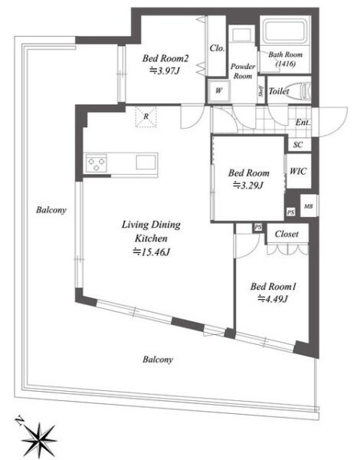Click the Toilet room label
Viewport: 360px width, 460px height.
pyautogui.click(x=279, y=91)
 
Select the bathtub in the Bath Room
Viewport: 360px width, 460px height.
pyautogui.click(x=286, y=31)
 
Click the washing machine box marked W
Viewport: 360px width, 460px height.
pyautogui.click(x=219, y=90)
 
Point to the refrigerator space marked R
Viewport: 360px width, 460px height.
pyautogui.click(x=146, y=117)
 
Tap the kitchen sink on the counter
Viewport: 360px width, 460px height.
pyautogui.click(x=146, y=163)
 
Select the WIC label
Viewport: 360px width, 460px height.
pyautogui.click(x=298, y=171)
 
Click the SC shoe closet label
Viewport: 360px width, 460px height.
pyautogui.click(x=297, y=145)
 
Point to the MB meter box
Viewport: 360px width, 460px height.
pyautogui.click(x=309, y=206)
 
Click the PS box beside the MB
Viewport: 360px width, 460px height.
pyautogui.click(x=290, y=212)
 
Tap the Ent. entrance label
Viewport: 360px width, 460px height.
pyautogui.click(x=303, y=122)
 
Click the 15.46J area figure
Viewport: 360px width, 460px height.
pyautogui.click(x=152, y=251)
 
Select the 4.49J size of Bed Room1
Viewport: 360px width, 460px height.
pyautogui.click(x=273, y=299)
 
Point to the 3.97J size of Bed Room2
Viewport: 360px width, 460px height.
pyautogui.click(x=164, y=71)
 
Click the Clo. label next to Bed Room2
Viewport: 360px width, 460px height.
pyautogui.click(x=218, y=48)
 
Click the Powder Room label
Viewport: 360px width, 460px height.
pyautogui.click(x=243, y=71)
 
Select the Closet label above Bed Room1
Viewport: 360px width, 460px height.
pyautogui.click(x=286, y=234)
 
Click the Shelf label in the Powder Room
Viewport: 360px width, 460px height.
pyautogui.click(x=260, y=91)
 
